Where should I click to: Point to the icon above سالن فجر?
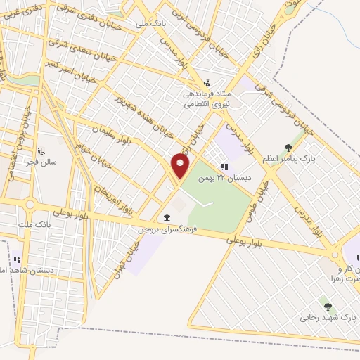pos(41,150)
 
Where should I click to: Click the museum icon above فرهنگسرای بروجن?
pos(167,217)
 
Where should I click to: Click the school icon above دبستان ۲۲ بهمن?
pos(224,167)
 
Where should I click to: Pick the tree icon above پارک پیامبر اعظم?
pos(288,148)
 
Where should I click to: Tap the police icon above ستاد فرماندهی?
pos(207,82)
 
